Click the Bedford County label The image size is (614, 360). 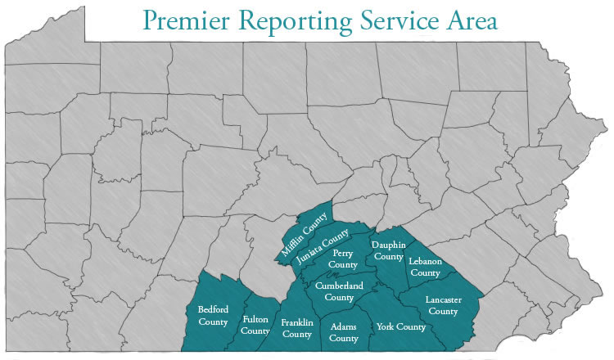(x=213, y=315)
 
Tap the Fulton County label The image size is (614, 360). (x=256, y=325)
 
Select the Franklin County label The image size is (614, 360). (x=296, y=328)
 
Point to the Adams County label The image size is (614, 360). (x=343, y=332)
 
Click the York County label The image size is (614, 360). (x=401, y=327)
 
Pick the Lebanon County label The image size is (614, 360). (x=425, y=267)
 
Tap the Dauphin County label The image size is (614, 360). (x=387, y=250)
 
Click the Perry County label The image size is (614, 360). (x=343, y=259)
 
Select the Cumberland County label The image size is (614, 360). (x=338, y=291)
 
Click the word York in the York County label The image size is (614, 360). (x=385, y=327)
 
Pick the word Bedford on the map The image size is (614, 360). (x=213, y=309)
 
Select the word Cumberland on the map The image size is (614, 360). (x=338, y=286)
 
